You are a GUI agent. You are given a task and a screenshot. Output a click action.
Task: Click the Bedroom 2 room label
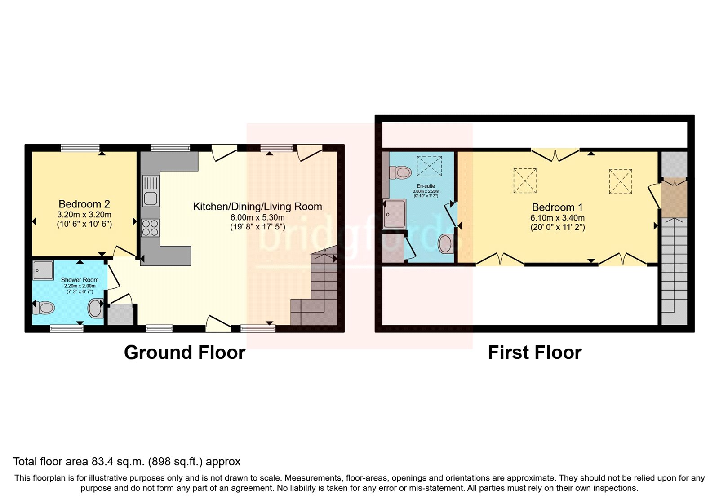coord(84,204)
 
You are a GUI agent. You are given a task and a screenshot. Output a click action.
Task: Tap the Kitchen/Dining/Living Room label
coord(257,207)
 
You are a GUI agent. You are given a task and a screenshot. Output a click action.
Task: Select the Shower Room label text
coord(80,280)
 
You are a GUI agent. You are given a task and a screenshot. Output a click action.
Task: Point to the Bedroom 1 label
coord(557,207)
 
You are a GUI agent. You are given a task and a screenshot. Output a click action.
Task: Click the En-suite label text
coord(426,186)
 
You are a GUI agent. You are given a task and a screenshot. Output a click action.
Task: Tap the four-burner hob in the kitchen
coord(150,228)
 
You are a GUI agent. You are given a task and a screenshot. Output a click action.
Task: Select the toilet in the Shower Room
coord(44,308)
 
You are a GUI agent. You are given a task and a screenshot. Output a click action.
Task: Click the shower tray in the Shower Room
coord(43,270)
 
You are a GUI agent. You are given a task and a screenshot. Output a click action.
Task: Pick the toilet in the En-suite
coord(401,172)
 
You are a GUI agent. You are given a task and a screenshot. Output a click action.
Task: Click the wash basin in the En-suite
coord(445,244)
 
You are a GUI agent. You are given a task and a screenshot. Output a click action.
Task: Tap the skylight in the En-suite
coord(429,166)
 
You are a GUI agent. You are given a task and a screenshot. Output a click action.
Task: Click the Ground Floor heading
coord(184,353)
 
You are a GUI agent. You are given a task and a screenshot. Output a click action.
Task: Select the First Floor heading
coord(535,353)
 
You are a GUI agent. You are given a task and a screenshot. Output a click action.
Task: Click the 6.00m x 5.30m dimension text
coord(257,217)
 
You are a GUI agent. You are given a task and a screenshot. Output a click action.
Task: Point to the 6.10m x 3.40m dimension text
coord(557,218)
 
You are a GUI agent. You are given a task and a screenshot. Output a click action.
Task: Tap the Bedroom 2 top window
coord(80,148)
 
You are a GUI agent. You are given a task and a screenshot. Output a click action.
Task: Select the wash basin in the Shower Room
coord(95,309)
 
